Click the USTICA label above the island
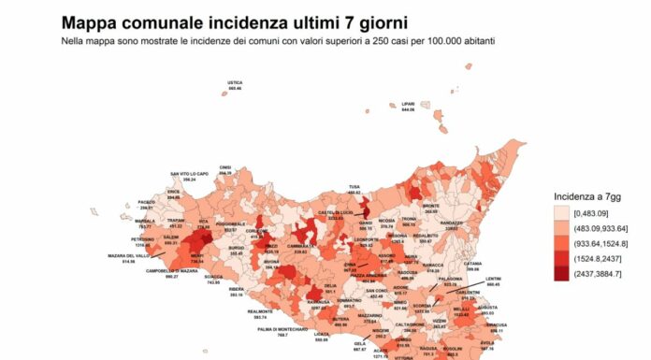[x=235, y=83]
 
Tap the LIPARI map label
[x=408, y=105]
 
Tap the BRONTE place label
[x=431, y=206]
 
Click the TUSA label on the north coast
[x=354, y=186]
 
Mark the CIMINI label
[x=225, y=167]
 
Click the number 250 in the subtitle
[x=349, y=43]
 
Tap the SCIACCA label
[x=213, y=278]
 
